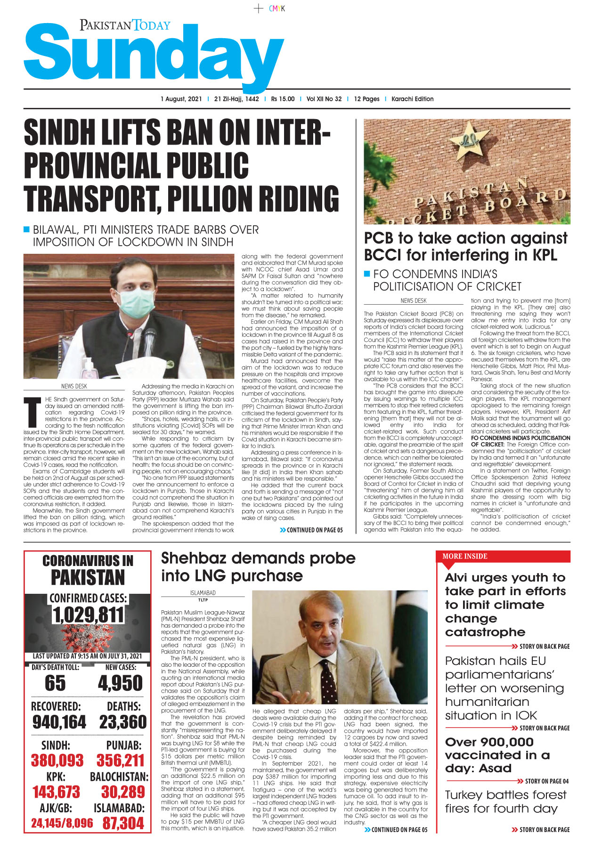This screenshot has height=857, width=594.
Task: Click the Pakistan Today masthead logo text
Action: coord(125,25)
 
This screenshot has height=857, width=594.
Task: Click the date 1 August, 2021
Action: coord(181,99)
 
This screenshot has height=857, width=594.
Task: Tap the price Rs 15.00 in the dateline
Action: coord(283,99)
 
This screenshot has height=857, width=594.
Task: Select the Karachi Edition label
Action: coord(412,99)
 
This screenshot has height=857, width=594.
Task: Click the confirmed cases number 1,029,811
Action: coord(88,615)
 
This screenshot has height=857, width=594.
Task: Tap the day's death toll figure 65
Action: coord(55,683)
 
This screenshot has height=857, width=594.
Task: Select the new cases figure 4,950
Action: coord(120,683)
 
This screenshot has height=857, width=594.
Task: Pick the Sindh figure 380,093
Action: coord(57,760)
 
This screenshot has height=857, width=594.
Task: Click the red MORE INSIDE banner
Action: coord(503,556)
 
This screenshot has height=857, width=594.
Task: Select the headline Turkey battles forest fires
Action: coord(505,801)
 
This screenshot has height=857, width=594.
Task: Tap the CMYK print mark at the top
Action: coord(277,8)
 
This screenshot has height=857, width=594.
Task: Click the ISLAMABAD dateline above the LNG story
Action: coord(203,593)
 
